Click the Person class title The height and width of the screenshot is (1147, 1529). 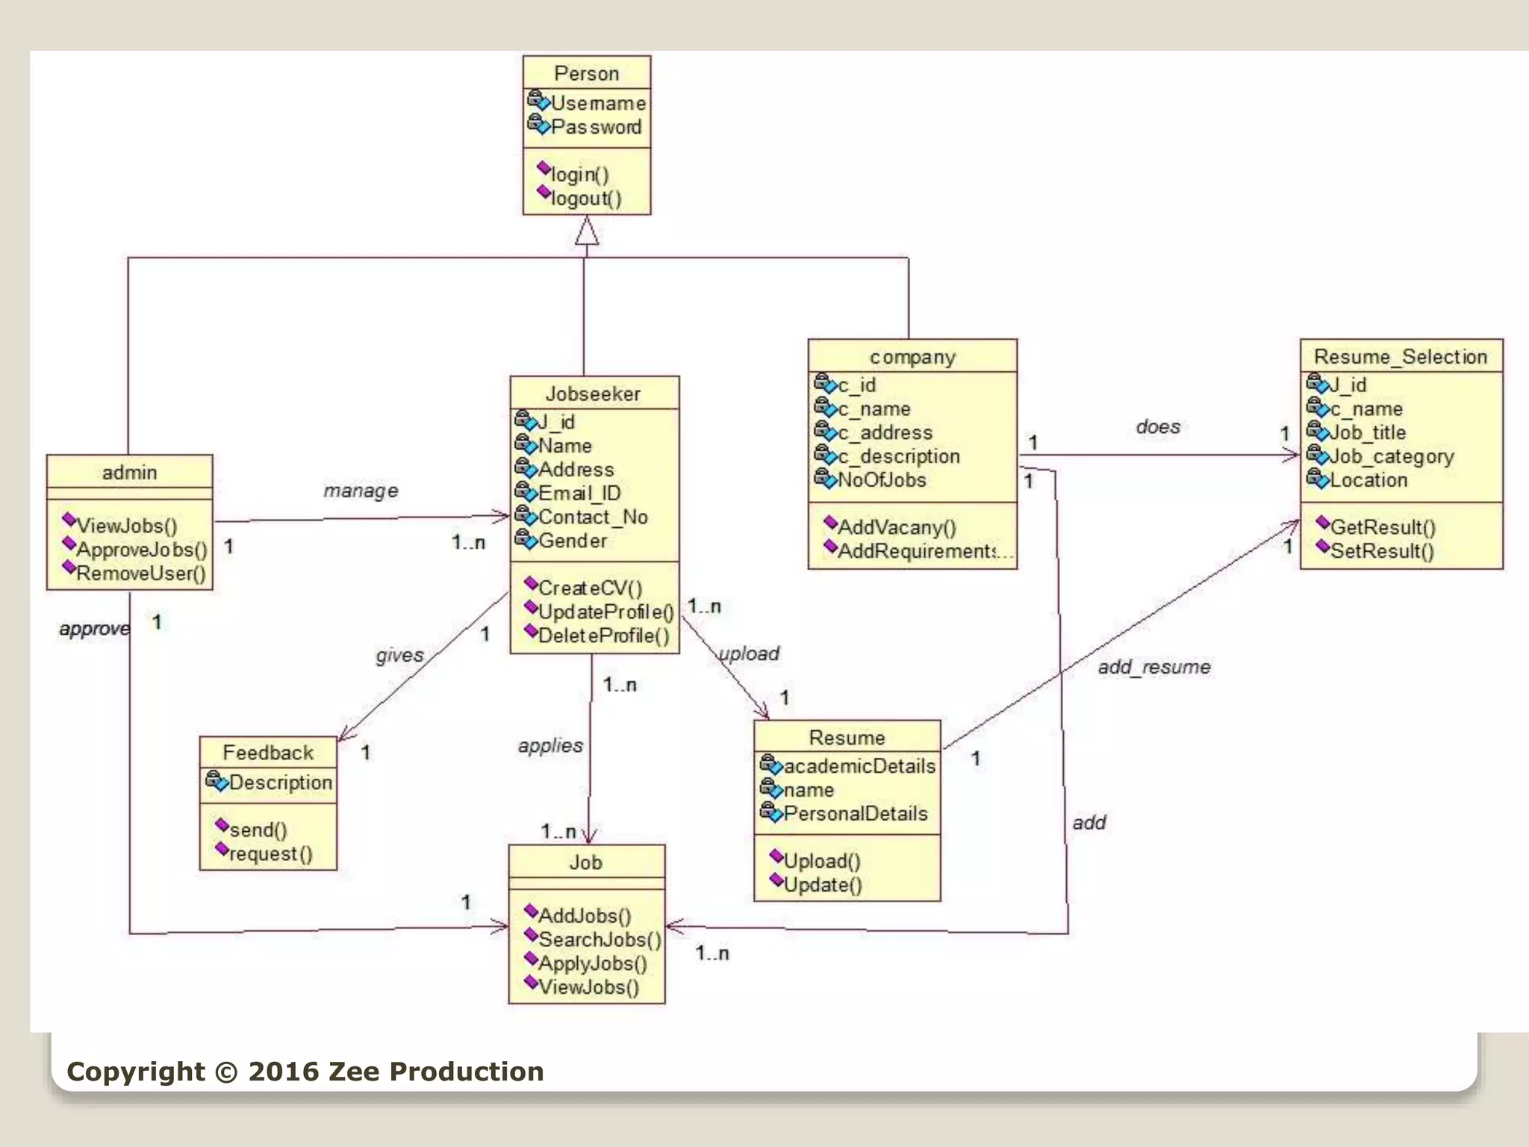[x=586, y=73]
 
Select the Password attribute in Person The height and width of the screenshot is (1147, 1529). [x=595, y=127]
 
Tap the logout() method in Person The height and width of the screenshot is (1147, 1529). [x=585, y=199]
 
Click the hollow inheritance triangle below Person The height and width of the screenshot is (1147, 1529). [x=587, y=231]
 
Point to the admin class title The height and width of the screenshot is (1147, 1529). [x=129, y=472]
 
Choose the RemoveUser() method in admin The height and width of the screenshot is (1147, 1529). [x=140, y=573]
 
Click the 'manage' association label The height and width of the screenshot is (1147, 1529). [x=361, y=491]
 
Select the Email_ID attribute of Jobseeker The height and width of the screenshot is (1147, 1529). [x=579, y=493]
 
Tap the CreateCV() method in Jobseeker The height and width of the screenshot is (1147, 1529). [x=589, y=588]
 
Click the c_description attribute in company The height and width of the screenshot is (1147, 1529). [x=898, y=456]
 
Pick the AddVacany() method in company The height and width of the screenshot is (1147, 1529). [x=896, y=527]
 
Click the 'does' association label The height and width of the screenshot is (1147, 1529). [x=1158, y=426]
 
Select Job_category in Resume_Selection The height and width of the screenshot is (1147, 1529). [x=1391, y=456]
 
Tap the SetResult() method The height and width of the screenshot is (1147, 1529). [x=1381, y=551]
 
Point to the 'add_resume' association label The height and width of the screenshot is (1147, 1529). [x=1153, y=667]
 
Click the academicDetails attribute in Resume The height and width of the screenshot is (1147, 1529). [x=859, y=766]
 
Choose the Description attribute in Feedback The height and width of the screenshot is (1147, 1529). [x=280, y=783]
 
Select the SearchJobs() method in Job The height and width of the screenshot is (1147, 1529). [x=599, y=939]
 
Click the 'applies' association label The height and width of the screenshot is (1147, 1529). [x=550, y=745]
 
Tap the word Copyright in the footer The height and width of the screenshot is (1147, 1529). [x=135, y=1072]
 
